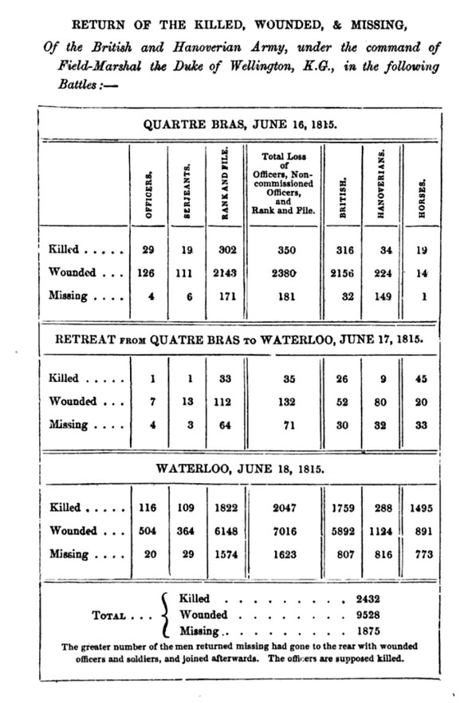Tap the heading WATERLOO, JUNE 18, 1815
(241, 469)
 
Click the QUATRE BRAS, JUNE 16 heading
(240, 124)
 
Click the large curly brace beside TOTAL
(165, 615)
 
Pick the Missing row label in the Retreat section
(67, 425)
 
